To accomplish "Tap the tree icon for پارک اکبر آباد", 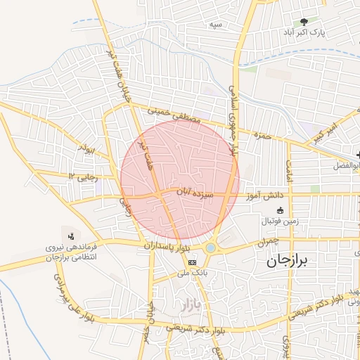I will click(304, 22).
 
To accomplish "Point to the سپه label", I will click(214, 25).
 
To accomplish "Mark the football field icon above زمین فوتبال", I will click(280, 210).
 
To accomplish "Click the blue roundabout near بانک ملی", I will click(211, 247).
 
